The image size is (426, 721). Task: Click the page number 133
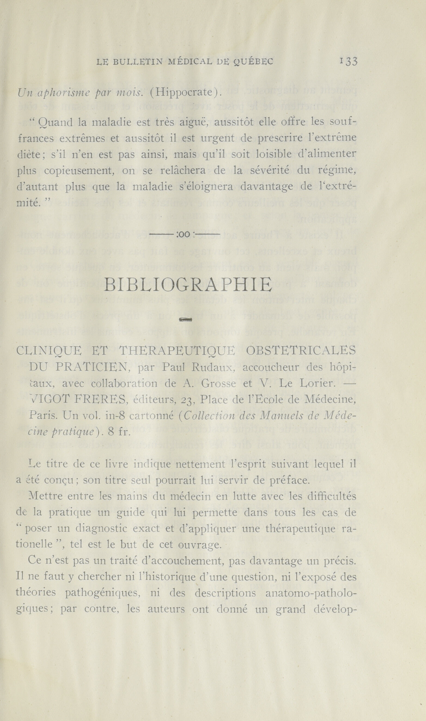click(x=348, y=62)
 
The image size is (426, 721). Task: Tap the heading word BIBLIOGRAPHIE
click(x=188, y=285)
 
